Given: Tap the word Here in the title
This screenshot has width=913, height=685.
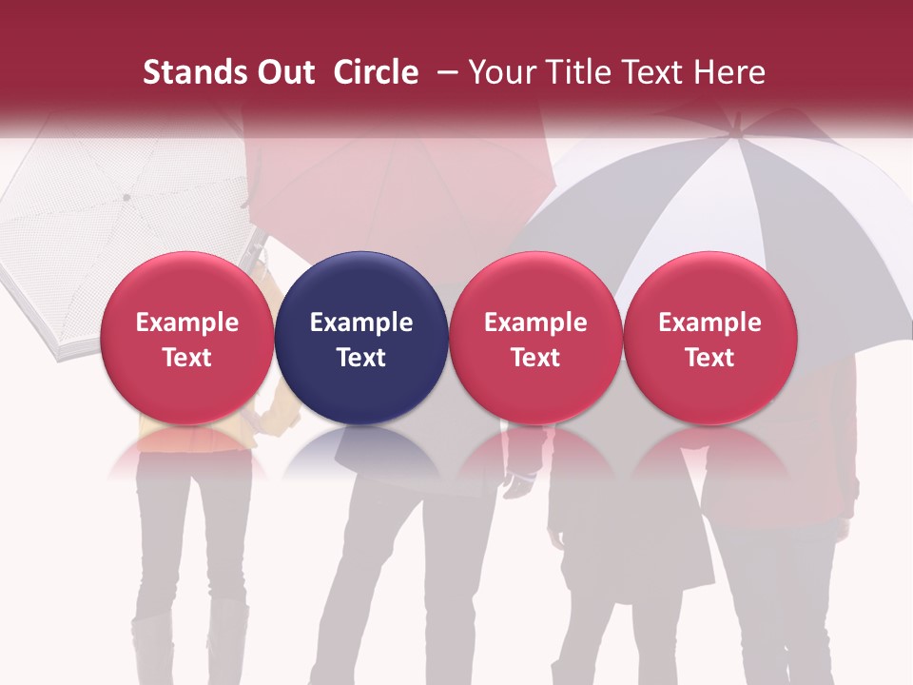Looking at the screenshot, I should click(731, 72).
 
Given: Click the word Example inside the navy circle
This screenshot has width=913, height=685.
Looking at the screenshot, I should click(361, 323).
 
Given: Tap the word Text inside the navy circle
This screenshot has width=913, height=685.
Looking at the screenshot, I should click(361, 358).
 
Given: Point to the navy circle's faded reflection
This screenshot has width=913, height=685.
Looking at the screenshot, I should click(361, 452).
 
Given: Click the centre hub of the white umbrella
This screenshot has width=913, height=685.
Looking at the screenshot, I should click(126, 198).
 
